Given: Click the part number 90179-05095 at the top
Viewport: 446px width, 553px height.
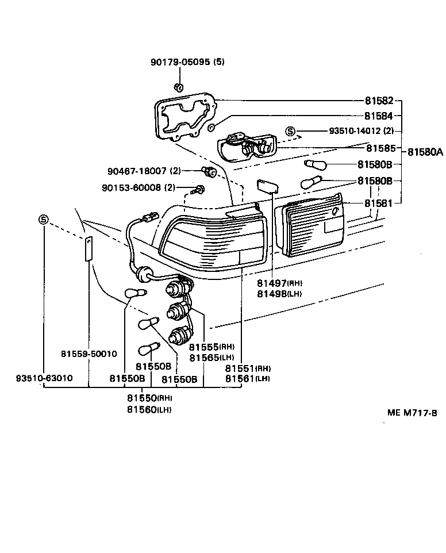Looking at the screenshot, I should click(180, 63).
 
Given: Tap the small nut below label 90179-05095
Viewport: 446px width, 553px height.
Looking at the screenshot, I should click(178, 87).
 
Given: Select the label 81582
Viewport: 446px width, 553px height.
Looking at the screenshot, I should click(379, 99).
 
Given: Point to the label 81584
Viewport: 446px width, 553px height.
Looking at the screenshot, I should click(379, 116).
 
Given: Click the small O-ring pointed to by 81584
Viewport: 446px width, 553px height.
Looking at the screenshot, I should click(212, 126).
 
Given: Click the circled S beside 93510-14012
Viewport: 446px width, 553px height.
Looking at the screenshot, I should click(291, 132).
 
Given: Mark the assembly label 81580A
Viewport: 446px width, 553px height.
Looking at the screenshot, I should click(425, 152).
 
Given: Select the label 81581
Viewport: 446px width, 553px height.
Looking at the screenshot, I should click(379, 203).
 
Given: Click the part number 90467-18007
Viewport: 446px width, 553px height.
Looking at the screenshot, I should click(137, 171).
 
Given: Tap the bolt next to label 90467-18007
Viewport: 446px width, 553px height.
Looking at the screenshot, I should click(209, 171).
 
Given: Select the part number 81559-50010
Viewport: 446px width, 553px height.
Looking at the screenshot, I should click(89, 354).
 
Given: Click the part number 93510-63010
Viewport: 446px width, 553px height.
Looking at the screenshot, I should click(44, 379).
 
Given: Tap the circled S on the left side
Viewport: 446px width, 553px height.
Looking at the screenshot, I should click(44, 219).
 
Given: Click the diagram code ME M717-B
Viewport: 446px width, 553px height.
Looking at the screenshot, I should click(412, 413).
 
